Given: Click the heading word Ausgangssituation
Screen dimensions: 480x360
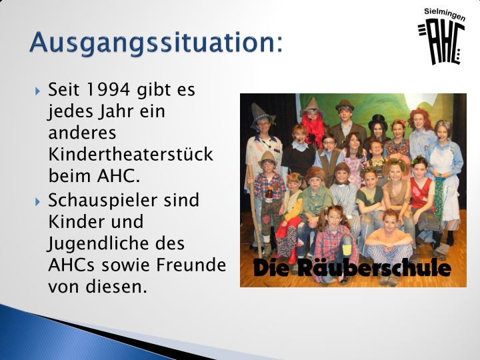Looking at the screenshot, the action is click(154, 43).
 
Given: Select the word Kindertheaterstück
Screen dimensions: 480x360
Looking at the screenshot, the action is click(131, 154).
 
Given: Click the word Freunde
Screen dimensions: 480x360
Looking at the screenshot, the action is click(191, 265).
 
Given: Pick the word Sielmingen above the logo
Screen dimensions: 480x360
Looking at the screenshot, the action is click(445, 15).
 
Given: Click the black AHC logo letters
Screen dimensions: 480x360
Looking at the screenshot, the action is click(441, 42).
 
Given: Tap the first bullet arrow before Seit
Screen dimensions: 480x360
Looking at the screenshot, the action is click(37, 91).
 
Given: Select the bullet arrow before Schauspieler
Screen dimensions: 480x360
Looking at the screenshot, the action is click(37, 202).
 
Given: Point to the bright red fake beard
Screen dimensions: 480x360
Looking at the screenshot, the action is click(313, 129).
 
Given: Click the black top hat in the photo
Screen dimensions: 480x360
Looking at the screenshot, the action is click(378, 121).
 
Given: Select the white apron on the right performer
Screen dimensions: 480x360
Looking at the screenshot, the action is click(445, 183).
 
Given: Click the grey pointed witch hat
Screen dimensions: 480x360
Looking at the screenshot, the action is click(261, 116).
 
